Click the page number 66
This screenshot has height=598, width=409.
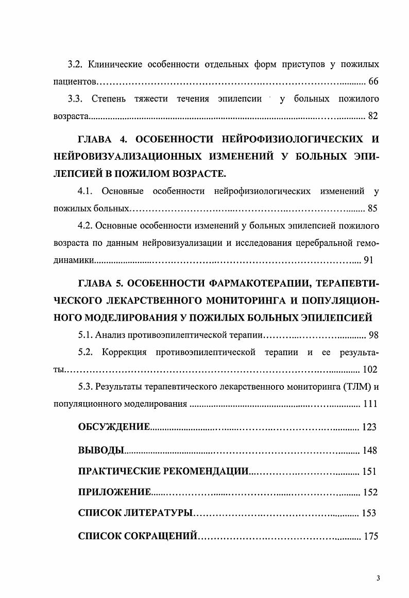[373, 82]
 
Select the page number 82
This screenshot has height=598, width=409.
[373, 116]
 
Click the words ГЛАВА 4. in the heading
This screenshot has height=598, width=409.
[100, 139]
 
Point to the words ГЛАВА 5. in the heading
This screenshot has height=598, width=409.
[100, 283]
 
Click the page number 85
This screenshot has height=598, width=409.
[373, 209]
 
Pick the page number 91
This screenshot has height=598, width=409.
[368, 260]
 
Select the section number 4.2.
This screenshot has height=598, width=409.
[86, 226]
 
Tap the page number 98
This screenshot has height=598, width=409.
[373, 336]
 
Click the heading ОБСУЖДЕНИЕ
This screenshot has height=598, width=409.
[114, 427]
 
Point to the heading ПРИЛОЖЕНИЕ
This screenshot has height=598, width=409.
[114, 492]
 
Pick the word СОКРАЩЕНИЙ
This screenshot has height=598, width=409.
[162, 536]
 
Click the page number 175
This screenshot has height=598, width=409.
[371, 536]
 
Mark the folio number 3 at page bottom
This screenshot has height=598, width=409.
[378, 578]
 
